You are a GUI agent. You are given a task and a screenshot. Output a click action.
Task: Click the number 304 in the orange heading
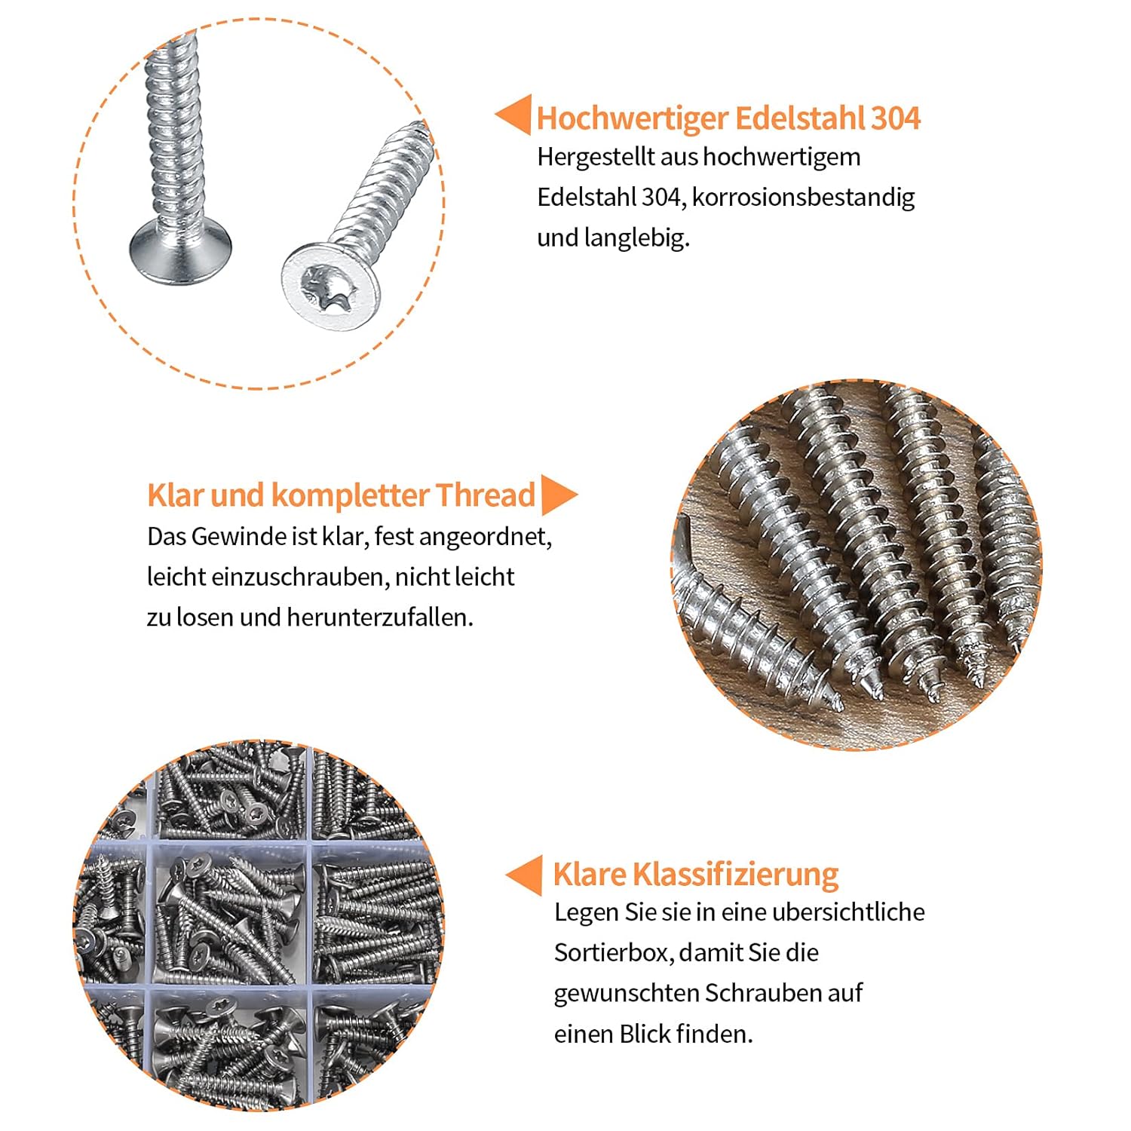coord(896,118)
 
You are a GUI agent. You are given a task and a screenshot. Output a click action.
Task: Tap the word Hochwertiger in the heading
coord(633,119)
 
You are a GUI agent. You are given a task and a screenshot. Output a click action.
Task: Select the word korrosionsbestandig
coord(803,198)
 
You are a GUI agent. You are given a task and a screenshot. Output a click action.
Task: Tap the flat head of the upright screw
coord(180,253)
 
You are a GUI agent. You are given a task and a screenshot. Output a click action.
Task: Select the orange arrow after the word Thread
coord(559,495)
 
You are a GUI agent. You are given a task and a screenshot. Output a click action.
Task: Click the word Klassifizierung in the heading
coord(735,875)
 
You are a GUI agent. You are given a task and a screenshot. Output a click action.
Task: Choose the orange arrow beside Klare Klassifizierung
coord(524,875)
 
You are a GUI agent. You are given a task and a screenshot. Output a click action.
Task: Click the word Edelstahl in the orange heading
coord(800,118)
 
